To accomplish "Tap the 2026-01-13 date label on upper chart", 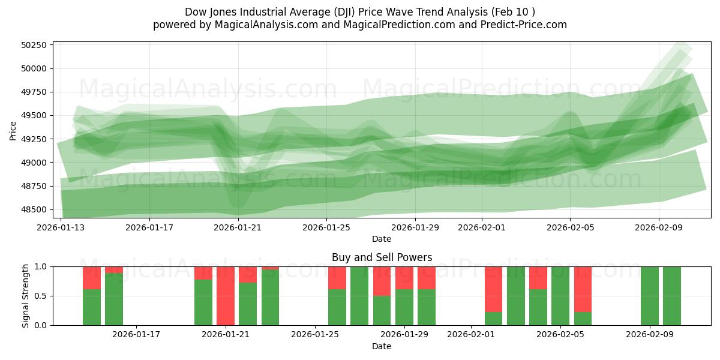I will (61, 227).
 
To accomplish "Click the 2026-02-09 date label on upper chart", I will (659, 227).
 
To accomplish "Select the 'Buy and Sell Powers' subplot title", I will (382, 257).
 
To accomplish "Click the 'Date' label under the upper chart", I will (382, 239).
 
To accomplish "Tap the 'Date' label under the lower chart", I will (382, 346).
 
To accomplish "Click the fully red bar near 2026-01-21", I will (226, 296).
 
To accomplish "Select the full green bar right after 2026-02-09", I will (672, 296).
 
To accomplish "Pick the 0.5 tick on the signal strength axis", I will (41, 296).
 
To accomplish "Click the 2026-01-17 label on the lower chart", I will (136, 335).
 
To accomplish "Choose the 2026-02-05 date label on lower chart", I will (560, 335).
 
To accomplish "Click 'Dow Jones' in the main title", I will (211, 12).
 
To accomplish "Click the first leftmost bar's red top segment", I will (92, 278).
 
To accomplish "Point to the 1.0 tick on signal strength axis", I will (41, 266).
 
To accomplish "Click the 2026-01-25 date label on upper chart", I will (327, 227).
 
